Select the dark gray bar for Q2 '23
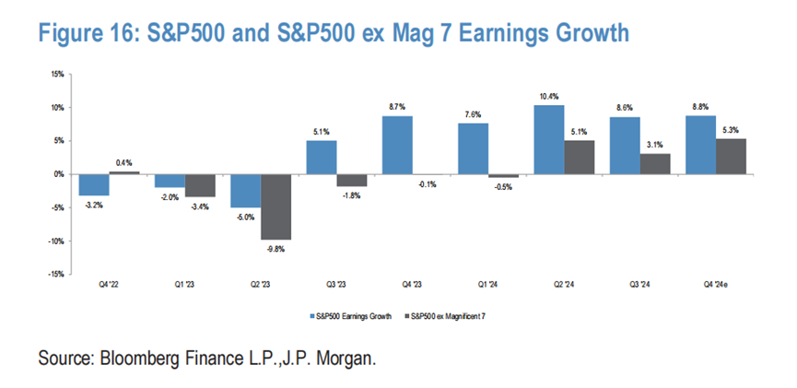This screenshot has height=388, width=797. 276,206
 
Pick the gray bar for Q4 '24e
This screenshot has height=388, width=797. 733,157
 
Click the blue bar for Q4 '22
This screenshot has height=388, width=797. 95,184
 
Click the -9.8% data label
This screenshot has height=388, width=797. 276,247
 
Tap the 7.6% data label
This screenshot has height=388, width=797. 471,115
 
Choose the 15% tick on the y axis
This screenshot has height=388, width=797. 56,74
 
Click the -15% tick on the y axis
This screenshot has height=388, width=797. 55,274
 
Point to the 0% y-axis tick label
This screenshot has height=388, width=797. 59,174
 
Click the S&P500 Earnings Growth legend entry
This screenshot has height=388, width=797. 351,316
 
